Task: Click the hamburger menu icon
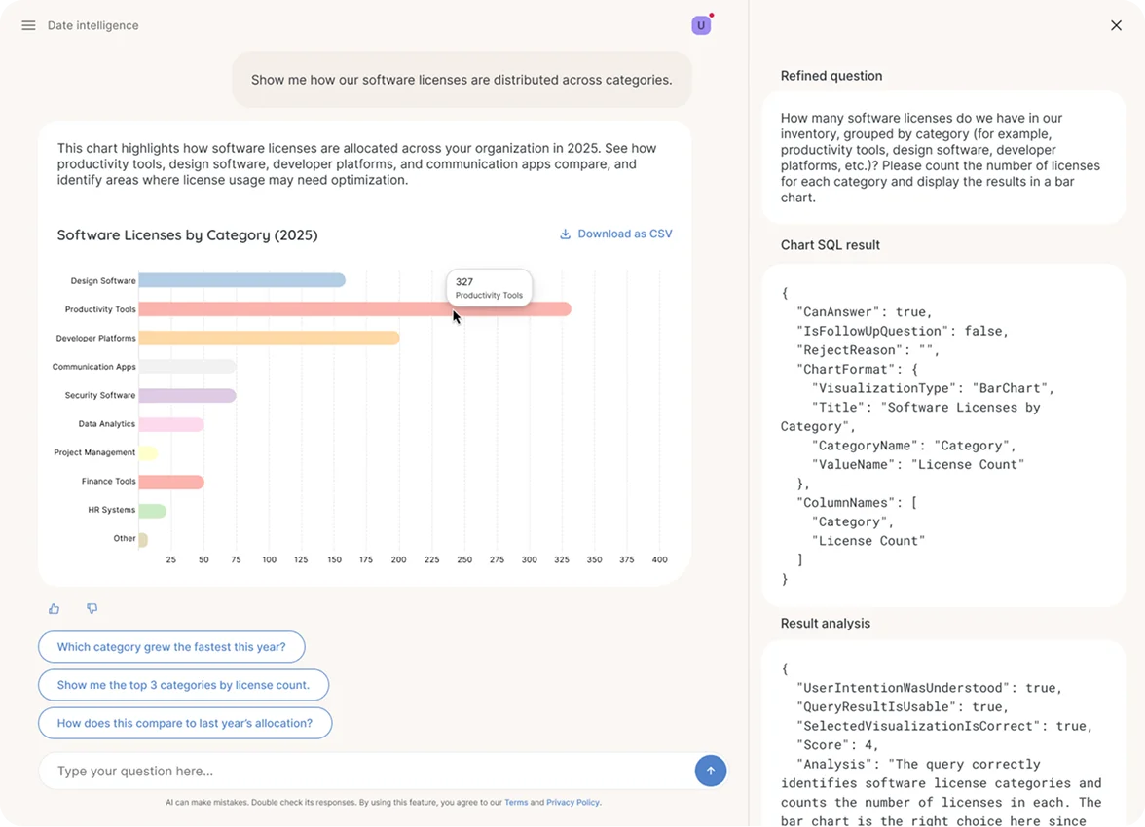[28, 25]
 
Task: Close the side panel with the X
[1116, 25]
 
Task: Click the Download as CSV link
[615, 234]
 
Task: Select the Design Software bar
[241, 280]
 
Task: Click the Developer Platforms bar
[269, 338]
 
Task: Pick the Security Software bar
[187, 395]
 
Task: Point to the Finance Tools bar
[171, 482]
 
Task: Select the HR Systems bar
[153, 510]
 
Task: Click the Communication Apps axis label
[94, 367]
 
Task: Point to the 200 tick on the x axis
[399, 559]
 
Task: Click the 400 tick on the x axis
[659, 559]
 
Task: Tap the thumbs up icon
[55, 609]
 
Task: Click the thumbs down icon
[92, 609]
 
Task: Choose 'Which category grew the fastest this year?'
[171, 647]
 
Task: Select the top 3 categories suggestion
[183, 685]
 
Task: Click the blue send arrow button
[711, 771]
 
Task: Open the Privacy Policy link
[572, 803]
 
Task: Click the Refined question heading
[831, 76]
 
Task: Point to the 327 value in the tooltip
[464, 282]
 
